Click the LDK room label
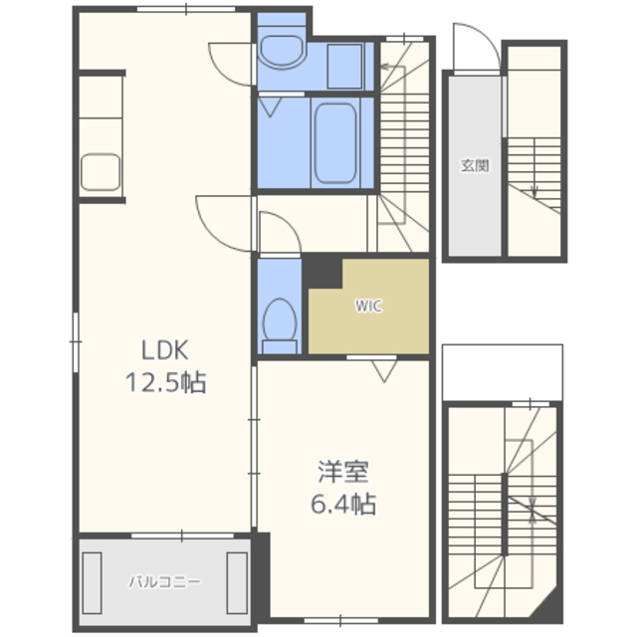(x=165, y=350)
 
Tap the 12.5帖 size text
(x=166, y=382)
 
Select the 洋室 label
(x=343, y=472)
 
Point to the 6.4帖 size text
(x=343, y=505)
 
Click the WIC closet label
(x=368, y=306)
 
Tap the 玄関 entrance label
(x=475, y=165)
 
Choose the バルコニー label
(x=164, y=581)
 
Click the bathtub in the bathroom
(x=335, y=143)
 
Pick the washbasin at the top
(x=282, y=51)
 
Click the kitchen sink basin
(x=101, y=172)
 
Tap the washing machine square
(x=344, y=67)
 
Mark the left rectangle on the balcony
(x=92, y=583)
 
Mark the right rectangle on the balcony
(x=237, y=583)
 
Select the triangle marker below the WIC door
(x=384, y=371)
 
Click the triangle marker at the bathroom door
(x=270, y=107)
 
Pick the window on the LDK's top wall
(x=186, y=9)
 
